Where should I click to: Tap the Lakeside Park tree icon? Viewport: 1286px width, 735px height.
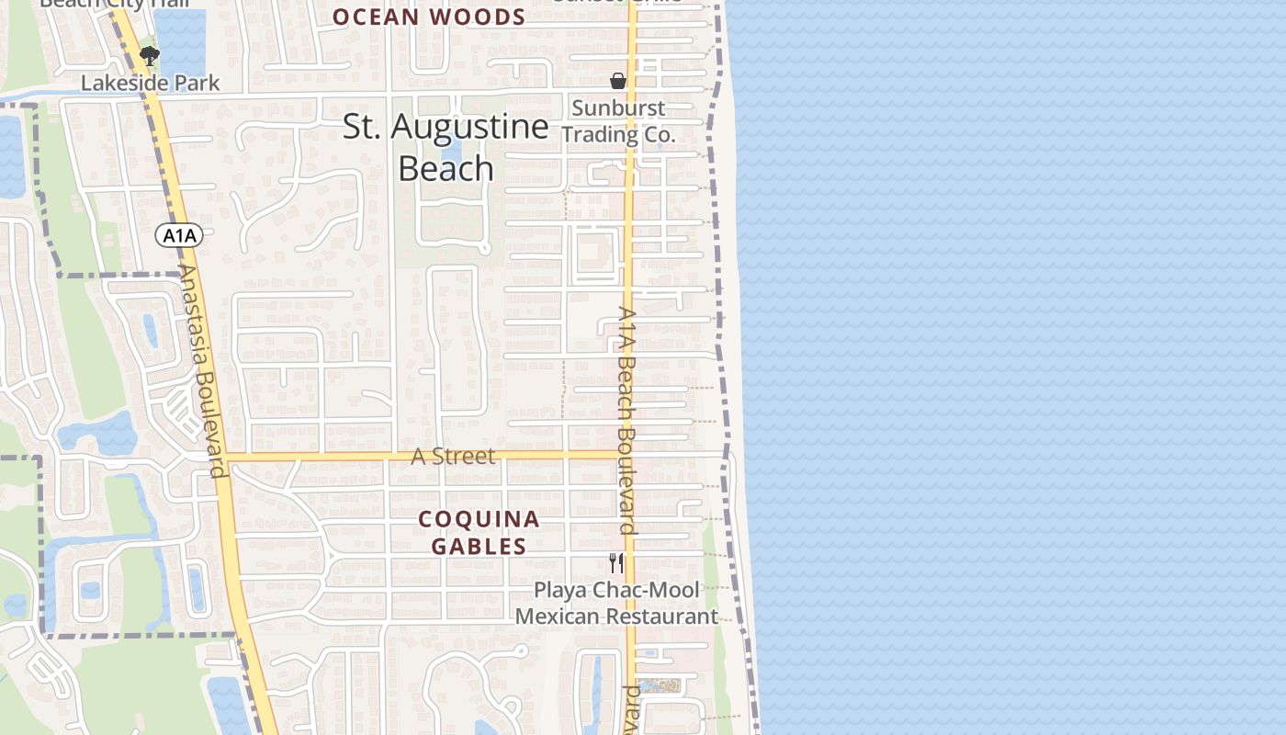[149, 57]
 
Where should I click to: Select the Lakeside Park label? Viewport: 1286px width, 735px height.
[151, 83]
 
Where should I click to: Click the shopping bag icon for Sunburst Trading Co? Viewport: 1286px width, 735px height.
[618, 81]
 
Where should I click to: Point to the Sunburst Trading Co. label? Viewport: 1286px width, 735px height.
[618, 121]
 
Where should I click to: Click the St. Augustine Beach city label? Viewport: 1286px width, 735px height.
[446, 147]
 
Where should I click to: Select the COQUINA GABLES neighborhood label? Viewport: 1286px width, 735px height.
[479, 533]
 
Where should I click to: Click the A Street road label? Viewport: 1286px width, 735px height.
[453, 456]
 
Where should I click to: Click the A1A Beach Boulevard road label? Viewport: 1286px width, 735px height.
[627, 420]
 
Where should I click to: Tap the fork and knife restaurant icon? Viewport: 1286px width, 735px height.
[616, 562]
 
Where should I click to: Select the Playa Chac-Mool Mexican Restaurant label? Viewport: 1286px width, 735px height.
[616, 603]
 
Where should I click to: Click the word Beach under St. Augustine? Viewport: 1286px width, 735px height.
[446, 169]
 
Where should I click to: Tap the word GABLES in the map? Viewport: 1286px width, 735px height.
[479, 547]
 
